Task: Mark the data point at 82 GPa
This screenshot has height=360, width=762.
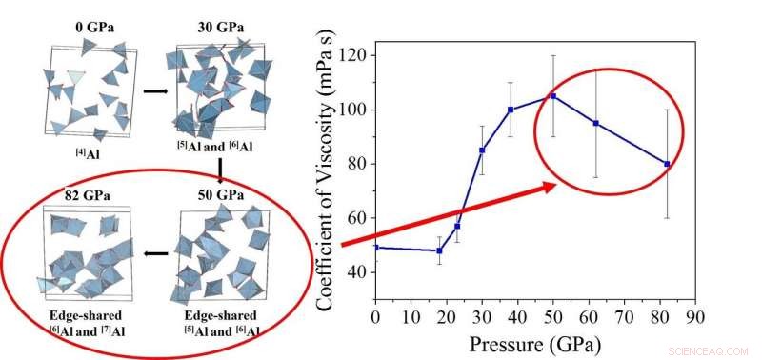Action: (x=667, y=164)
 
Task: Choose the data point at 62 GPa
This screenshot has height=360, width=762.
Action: (x=595, y=123)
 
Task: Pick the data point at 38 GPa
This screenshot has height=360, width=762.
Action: (x=511, y=110)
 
